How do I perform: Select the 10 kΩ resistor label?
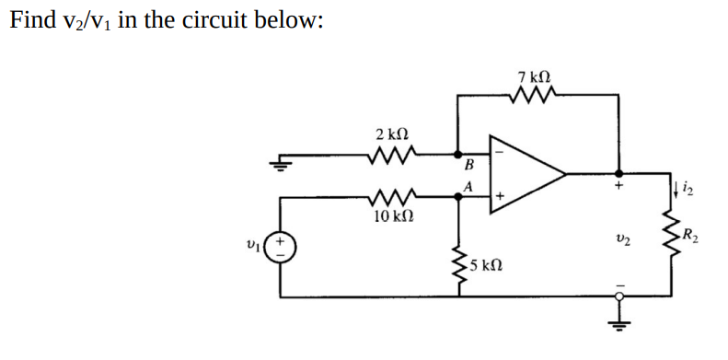tap(393, 217)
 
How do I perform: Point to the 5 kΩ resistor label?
tap(486, 267)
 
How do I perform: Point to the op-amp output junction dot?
tap(618, 173)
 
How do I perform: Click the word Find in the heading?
tap(31, 20)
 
